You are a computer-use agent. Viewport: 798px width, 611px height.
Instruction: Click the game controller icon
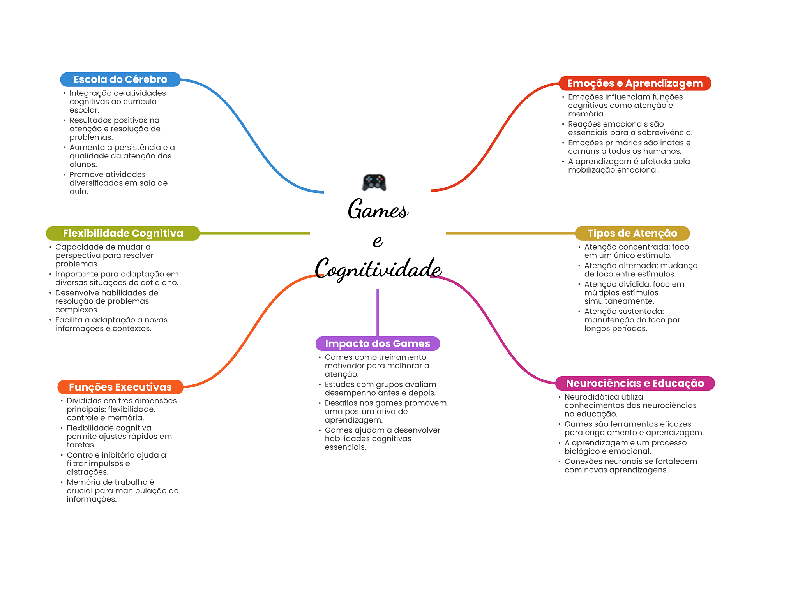click(374, 182)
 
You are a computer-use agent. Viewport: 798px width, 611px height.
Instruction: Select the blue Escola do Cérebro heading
click(120, 79)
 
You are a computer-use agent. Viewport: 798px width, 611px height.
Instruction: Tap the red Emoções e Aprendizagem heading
click(635, 83)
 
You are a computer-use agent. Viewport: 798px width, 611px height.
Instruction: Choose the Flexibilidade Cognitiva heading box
click(123, 233)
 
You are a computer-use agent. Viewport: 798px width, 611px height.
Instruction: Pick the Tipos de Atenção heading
click(632, 233)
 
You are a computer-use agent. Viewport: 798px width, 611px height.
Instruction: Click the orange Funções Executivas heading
click(120, 387)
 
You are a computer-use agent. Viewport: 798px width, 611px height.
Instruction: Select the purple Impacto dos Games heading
click(378, 343)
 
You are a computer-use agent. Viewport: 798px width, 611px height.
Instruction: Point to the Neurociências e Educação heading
click(635, 383)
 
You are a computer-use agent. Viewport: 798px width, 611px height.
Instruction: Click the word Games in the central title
click(378, 209)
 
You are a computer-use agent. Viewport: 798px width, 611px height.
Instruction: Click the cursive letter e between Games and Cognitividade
click(378, 241)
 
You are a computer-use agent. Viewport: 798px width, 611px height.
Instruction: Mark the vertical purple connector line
click(378, 312)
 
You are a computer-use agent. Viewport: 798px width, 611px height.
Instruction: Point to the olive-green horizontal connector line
click(254, 233)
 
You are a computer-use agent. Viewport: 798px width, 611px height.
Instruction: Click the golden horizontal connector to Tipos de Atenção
click(510, 233)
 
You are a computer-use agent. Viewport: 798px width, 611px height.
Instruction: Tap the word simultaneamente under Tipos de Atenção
click(619, 301)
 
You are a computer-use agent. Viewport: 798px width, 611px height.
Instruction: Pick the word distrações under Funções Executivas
click(88, 472)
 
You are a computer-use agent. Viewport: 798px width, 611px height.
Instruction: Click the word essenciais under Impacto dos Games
click(346, 447)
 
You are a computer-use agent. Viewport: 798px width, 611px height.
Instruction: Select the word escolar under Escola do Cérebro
click(85, 110)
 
